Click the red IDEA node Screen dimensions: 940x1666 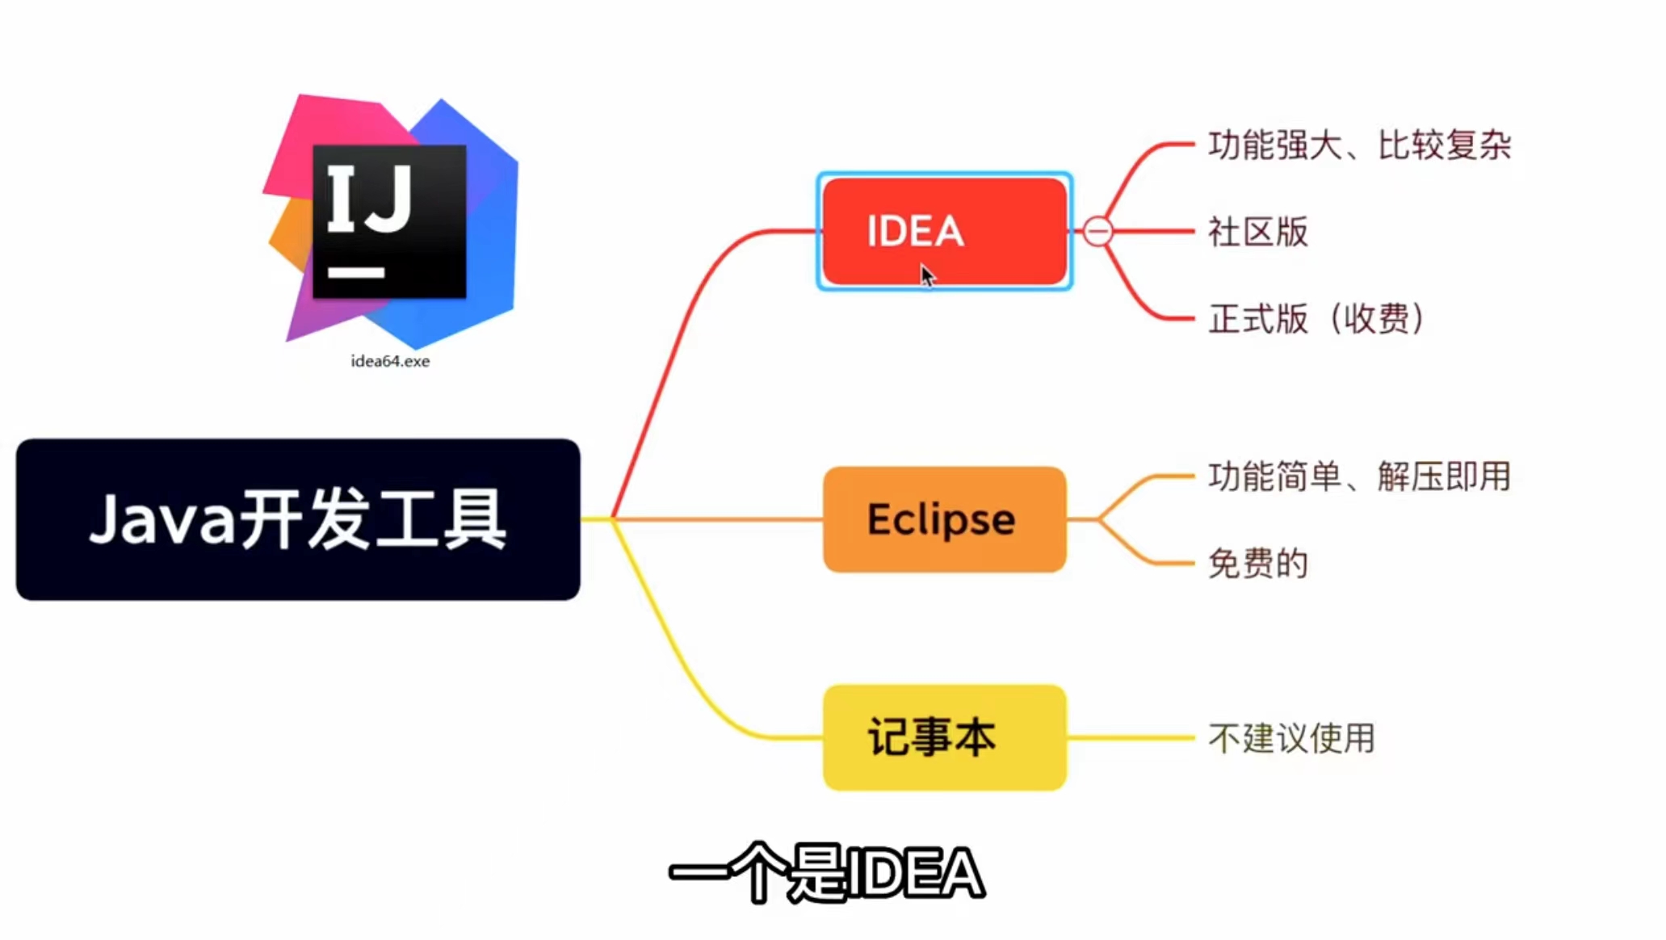point(943,231)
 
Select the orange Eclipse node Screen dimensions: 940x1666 point(943,519)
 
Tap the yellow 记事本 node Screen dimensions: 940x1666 point(943,737)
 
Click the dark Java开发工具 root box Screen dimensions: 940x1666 point(297,519)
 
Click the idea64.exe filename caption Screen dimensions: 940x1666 point(390,361)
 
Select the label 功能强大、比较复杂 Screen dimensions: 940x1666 point(1359,145)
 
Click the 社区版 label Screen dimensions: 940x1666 point(1257,232)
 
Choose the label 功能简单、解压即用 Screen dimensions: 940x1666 point(1359,476)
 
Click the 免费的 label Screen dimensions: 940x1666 point(1257,563)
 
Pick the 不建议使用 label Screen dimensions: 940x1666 point(1291,738)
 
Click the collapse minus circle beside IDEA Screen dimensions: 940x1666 point(1097,232)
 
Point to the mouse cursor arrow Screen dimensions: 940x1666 point(927,275)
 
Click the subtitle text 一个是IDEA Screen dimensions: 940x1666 point(826,873)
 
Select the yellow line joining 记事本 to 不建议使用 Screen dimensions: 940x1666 point(1131,737)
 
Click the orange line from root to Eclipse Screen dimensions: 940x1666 point(719,519)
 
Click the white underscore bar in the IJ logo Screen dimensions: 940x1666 point(356,273)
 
